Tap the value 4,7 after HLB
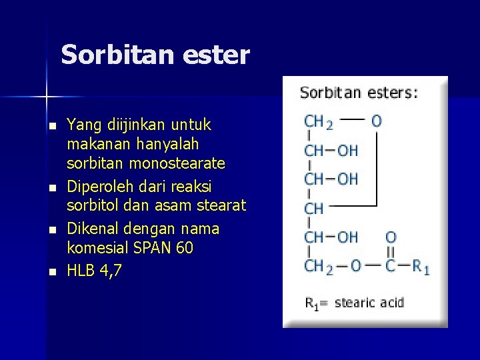pyautogui.click(x=108, y=270)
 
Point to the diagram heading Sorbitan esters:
pyautogui.click(x=359, y=93)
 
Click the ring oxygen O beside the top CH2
pyautogui.click(x=377, y=121)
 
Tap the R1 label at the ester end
pyautogui.click(x=421, y=267)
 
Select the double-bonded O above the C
pyautogui.click(x=391, y=237)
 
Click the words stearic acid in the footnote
pyautogui.click(x=369, y=303)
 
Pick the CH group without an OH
pyautogui.click(x=314, y=209)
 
